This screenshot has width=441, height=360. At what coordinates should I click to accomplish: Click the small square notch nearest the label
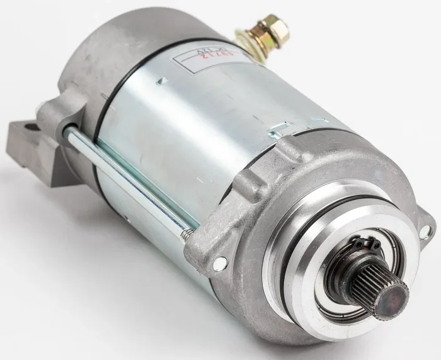[162, 80]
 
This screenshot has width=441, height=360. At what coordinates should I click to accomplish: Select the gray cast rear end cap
[101, 50]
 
